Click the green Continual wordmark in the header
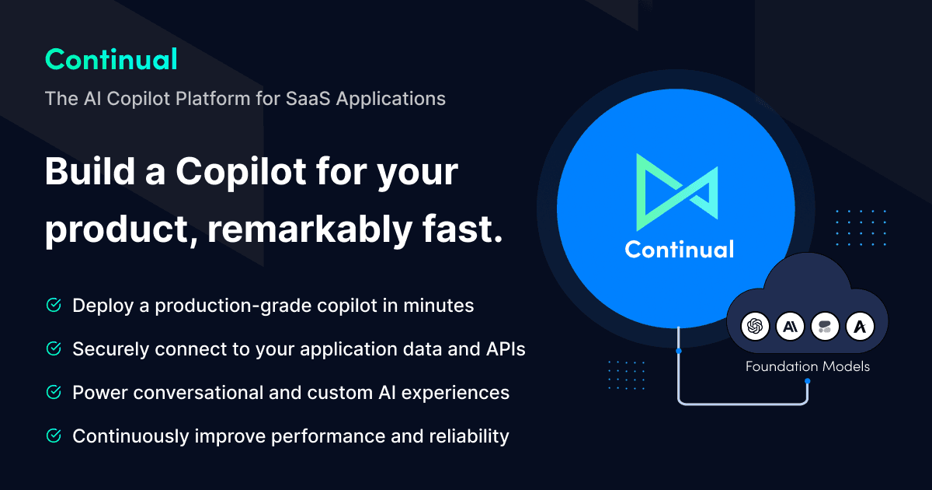(111, 59)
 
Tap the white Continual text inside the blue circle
(679, 249)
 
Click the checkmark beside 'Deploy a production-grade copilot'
(54, 305)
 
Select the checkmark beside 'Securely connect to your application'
(54, 349)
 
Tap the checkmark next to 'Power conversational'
(54, 393)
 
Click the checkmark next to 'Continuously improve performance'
(54, 436)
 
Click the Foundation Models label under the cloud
(807, 366)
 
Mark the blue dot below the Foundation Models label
(808, 381)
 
